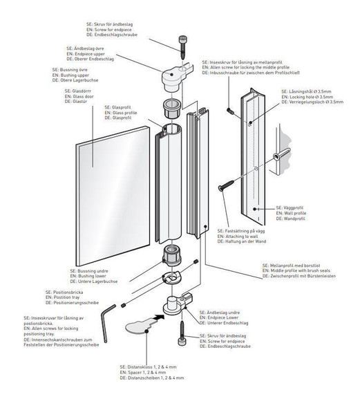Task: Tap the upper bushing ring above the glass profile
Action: [171, 108]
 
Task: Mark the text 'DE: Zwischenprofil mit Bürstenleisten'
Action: [306, 277]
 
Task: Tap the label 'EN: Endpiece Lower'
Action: [222, 316]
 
